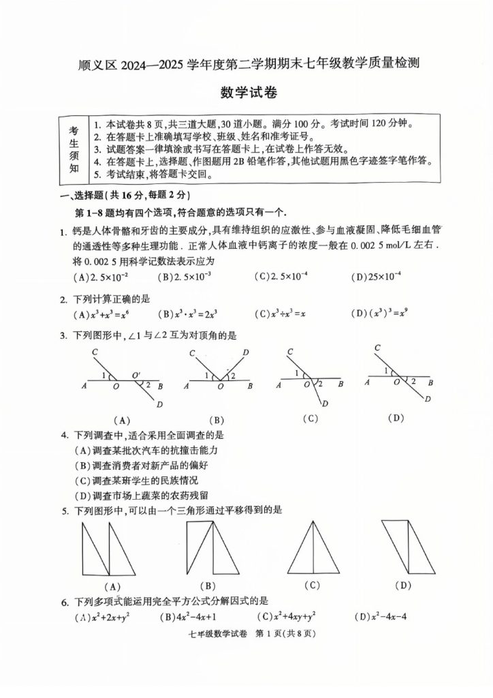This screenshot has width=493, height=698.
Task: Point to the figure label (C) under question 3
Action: click(311, 419)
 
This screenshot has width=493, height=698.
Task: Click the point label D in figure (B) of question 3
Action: click(245, 352)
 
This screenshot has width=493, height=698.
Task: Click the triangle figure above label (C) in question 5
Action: click(313, 548)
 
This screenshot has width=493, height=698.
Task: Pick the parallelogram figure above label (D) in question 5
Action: click(403, 547)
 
